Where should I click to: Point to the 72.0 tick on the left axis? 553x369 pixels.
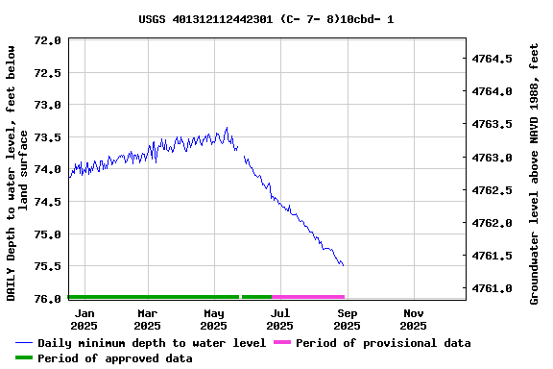(x=47, y=40)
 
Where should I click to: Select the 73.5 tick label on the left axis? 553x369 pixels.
(x=47, y=137)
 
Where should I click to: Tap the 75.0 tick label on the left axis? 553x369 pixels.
(x=47, y=234)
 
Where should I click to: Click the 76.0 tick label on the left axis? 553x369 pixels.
(x=47, y=299)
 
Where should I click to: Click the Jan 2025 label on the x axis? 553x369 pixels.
(x=84, y=319)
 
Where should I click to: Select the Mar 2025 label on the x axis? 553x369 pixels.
(x=148, y=319)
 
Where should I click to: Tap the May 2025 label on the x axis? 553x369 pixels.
(x=214, y=319)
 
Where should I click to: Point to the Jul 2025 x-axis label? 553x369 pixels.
(x=280, y=319)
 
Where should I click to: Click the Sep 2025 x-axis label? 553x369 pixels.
(x=348, y=319)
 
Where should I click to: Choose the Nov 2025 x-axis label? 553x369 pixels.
(x=414, y=319)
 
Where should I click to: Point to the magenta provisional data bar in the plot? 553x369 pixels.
(x=308, y=297)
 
